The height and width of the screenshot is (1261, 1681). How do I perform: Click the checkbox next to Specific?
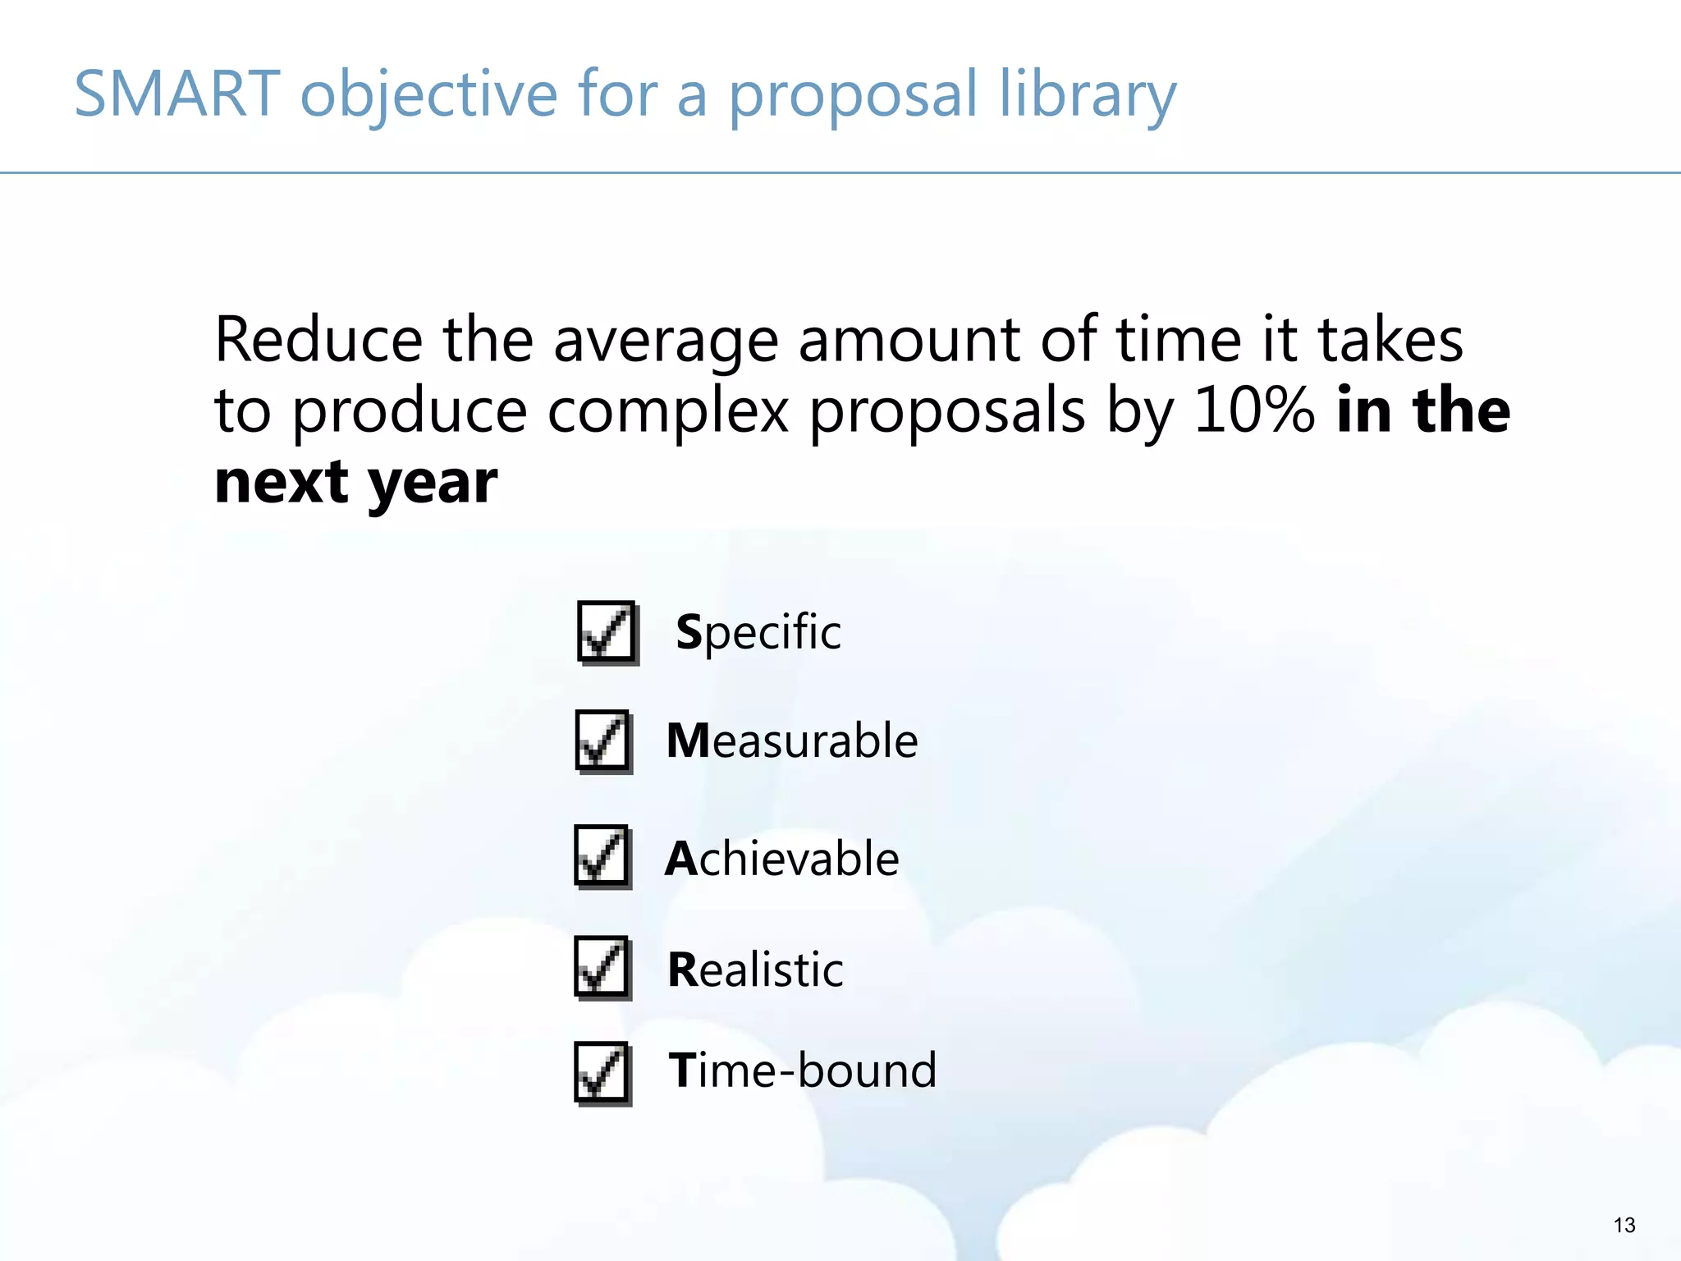tap(607, 631)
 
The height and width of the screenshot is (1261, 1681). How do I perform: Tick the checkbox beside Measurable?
tap(603, 741)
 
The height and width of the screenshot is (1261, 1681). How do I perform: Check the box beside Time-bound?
tap(602, 1073)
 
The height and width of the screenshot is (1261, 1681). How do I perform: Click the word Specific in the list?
tap(758, 633)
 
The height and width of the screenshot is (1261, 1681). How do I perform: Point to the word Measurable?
tap(791, 741)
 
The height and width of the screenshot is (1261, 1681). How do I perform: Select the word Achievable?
tap(781, 859)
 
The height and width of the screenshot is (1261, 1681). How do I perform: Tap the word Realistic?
tap(755, 970)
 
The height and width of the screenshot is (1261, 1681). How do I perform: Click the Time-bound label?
tap(802, 1071)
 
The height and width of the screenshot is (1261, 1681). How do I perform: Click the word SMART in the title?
tap(177, 94)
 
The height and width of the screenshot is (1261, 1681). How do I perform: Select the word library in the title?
tap(1088, 95)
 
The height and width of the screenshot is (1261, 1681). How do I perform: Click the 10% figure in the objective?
tap(1254, 410)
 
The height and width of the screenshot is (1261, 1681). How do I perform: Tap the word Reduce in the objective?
tap(318, 339)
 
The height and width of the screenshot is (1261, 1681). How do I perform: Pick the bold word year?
tap(432, 484)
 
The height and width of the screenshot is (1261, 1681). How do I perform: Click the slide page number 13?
tap(1624, 1226)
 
